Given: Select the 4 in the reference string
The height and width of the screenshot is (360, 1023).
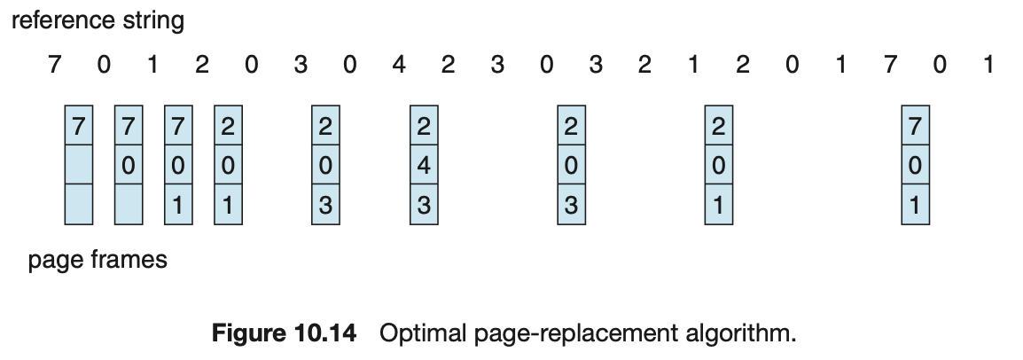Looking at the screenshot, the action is tap(399, 65).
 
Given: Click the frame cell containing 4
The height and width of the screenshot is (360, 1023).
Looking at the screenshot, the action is tap(423, 167).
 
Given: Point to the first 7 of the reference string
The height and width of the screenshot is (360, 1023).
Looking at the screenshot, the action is tap(55, 65).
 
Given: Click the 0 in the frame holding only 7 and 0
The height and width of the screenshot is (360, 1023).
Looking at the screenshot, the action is tap(129, 167).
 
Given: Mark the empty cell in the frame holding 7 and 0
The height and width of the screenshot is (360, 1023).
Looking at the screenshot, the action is tap(129, 206).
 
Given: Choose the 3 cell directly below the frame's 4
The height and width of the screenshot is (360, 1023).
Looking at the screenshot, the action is tap(423, 206).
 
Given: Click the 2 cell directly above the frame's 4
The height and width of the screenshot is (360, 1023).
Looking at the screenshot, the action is tap(423, 127).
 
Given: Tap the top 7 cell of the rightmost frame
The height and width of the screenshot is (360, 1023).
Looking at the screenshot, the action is tap(914, 127).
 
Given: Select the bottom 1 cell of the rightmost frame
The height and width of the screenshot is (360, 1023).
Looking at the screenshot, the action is tap(914, 206).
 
